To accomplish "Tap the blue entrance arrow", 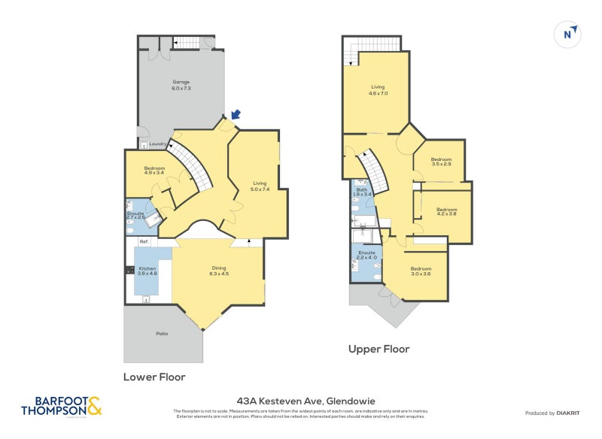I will click(x=237, y=114).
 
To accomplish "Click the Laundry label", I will click(x=157, y=144).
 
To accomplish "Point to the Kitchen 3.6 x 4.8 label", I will click(x=146, y=271).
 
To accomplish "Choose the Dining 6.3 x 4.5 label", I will click(x=219, y=271).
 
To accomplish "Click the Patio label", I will click(x=163, y=333).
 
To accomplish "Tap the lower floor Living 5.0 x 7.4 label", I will click(x=260, y=186).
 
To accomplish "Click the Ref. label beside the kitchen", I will click(x=143, y=241).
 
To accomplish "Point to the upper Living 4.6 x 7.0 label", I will click(x=378, y=90).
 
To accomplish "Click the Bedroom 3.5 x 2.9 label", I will click(x=441, y=161).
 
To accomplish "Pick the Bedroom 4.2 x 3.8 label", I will click(x=447, y=211).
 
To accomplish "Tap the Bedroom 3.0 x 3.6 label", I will click(x=421, y=271).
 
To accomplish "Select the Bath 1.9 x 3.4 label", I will click(x=362, y=192).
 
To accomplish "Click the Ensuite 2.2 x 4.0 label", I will click(x=366, y=256).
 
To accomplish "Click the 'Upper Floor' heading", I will click(x=379, y=349).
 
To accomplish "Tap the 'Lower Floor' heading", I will click(x=154, y=377).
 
